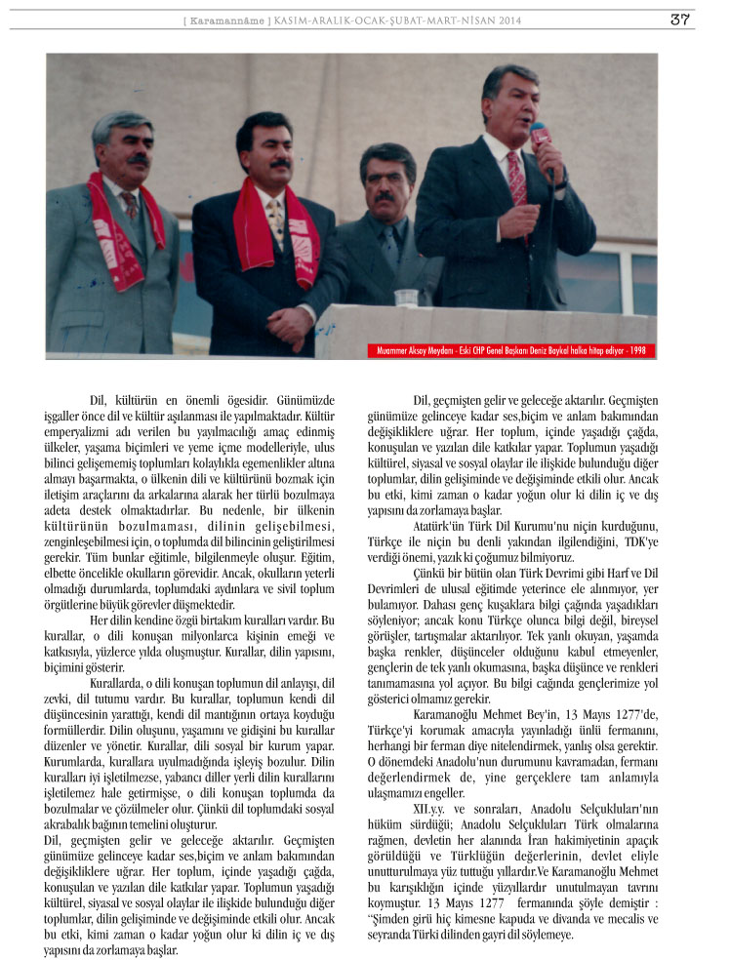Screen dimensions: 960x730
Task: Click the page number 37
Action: [679, 20]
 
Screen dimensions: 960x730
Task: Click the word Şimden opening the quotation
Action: [397, 921]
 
